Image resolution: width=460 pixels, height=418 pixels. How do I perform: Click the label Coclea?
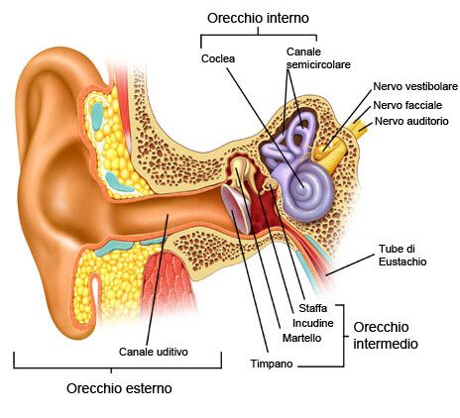pos(218,58)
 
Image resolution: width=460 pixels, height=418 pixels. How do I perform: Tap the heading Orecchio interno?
pos(258,18)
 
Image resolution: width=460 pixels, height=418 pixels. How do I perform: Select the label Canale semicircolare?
pos(318,58)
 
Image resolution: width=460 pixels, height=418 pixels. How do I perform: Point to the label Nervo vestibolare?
pos(415,86)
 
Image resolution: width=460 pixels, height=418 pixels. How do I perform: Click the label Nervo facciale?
pos(407,105)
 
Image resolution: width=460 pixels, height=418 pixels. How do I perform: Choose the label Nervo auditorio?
pos(411,121)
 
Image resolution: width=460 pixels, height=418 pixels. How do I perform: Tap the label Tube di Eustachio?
pos(402,256)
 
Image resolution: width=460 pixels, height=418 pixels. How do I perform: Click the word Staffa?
pos(313,308)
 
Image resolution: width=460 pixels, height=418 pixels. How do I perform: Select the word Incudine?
pos(313,323)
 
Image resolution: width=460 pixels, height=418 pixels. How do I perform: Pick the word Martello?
pos(302,338)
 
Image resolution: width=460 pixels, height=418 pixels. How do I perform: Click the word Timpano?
pos(272,364)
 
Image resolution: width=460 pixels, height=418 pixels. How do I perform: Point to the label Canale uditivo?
pos(154,352)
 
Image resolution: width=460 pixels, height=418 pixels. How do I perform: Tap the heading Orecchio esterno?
pos(119,388)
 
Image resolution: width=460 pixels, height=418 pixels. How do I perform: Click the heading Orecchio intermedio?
pos(386,336)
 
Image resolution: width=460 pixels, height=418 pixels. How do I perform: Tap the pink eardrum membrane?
pos(235,210)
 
